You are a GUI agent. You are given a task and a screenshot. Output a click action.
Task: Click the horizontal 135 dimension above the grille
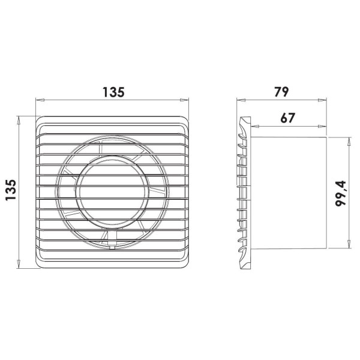(113, 92)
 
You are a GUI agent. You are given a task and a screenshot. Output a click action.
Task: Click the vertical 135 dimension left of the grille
(11, 190)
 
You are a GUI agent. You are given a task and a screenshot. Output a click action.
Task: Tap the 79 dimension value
(281, 92)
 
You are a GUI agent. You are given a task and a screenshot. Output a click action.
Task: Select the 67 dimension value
(287, 118)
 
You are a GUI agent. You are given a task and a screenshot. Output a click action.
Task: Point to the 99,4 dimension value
(340, 194)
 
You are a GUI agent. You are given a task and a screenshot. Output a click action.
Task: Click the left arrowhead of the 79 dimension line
(241, 100)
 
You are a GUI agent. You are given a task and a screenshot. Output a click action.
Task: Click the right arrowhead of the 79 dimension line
(322, 100)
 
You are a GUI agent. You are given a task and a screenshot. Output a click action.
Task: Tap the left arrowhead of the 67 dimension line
(255, 126)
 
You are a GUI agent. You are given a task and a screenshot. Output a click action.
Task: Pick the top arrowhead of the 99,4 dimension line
(349, 142)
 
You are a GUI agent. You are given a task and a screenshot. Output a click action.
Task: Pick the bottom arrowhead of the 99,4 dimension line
(349, 244)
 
